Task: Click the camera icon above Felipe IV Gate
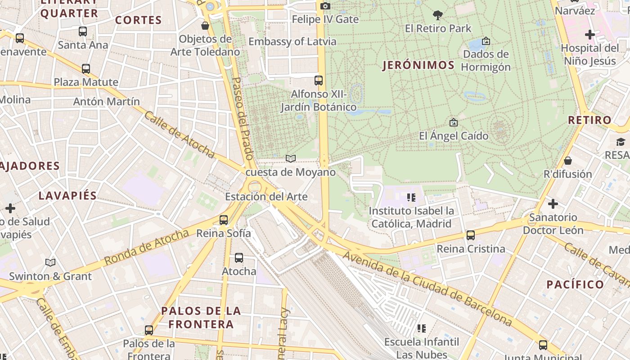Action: click(325, 6)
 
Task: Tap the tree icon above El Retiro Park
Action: click(437, 15)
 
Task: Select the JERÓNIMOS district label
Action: click(418, 65)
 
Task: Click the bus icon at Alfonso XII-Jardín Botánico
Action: click(319, 81)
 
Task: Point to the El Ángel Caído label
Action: click(454, 135)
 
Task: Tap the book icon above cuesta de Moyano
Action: click(291, 158)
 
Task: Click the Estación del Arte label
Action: click(266, 197)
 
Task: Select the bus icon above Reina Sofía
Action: click(224, 220)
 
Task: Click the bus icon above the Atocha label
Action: click(239, 258)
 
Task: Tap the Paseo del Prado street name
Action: click(243, 119)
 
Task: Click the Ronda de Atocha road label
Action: click(146, 247)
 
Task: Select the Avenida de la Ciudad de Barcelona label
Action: click(427, 288)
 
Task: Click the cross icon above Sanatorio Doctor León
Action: click(553, 204)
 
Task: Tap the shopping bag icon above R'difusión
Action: click(568, 161)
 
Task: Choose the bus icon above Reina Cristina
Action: click(471, 235)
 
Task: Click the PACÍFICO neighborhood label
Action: click(575, 284)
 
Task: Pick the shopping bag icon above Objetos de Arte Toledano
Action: click(205, 26)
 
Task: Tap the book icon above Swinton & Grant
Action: click(50, 262)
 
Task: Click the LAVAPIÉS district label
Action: click(67, 196)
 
